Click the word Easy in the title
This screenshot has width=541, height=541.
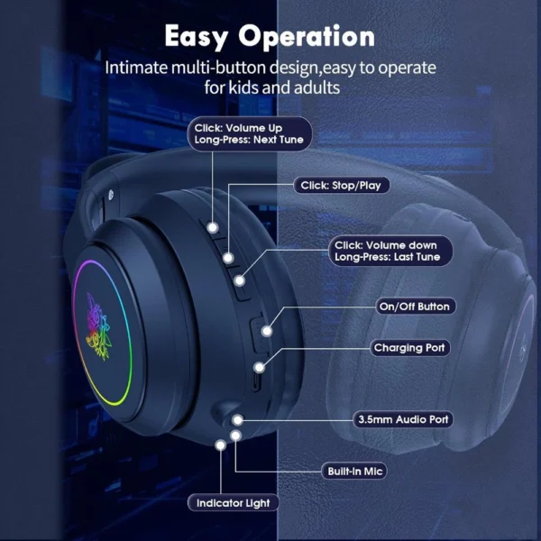[197, 37]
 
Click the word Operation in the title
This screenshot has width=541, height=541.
[307, 37]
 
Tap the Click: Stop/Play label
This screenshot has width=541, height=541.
[341, 186]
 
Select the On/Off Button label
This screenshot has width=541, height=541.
[415, 307]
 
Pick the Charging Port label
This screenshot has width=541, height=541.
[409, 347]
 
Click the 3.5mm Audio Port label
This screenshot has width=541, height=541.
[403, 419]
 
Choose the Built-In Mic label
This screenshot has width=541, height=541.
[354, 471]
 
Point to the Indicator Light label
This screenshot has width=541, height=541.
[234, 503]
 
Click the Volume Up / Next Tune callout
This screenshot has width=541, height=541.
[249, 133]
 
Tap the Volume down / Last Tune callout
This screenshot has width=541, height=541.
[390, 251]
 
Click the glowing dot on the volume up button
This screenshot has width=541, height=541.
[213, 228]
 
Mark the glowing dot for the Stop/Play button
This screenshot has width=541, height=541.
[228, 258]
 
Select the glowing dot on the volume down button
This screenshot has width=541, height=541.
[240, 280]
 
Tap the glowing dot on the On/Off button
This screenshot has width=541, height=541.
[266, 331]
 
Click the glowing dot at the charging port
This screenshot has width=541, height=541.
[259, 368]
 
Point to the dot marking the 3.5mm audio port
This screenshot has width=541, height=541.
[238, 420]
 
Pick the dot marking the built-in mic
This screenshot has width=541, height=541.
[235, 436]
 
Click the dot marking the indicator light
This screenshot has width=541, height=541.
[221, 445]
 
